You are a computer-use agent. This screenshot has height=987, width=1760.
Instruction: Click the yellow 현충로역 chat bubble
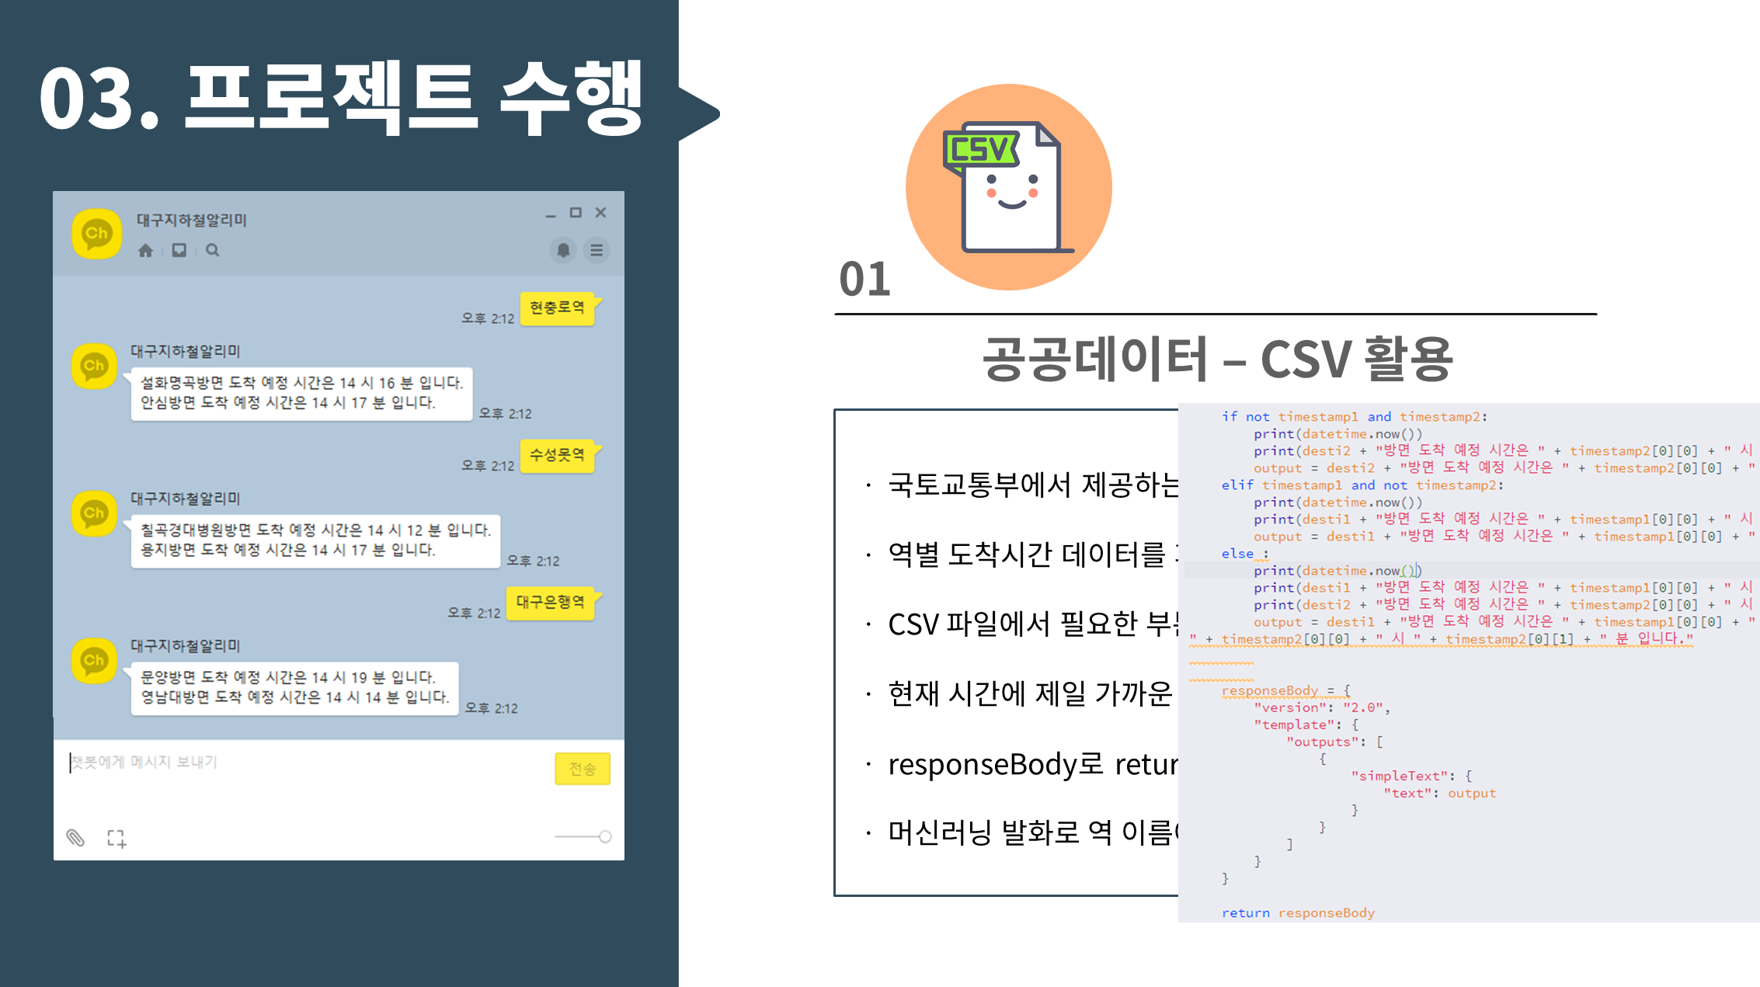coord(557,308)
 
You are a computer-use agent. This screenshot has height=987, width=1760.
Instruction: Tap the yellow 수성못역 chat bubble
coord(557,455)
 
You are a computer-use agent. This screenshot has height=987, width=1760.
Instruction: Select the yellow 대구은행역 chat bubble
coord(550,603)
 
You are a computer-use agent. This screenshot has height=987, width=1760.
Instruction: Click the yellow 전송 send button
coord(583,769)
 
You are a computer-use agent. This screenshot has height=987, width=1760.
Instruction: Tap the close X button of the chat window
coord(600,213)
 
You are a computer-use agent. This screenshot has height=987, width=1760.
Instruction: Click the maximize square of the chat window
coord(576,213)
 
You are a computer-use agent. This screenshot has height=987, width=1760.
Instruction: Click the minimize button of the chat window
coord(551,214)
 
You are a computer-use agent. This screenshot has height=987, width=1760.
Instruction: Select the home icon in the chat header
coord(145,250)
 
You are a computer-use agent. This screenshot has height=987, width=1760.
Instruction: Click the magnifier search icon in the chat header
coord(212,250)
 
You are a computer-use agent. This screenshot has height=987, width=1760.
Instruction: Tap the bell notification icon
coord(563,250)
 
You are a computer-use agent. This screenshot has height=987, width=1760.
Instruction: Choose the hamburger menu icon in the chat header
coord(597,250)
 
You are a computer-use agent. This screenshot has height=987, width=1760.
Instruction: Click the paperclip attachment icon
coord(75,837)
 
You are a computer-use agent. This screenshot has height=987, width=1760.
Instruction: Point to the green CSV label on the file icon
coord(980,149)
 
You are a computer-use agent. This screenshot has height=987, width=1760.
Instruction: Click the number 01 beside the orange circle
coord(864,280)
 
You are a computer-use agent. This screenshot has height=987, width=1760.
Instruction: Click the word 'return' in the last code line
coord(1245,913)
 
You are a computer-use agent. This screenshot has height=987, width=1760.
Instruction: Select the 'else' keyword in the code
coord(1237,554)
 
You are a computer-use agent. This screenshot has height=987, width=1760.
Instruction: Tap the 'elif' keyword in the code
coord(1237,485)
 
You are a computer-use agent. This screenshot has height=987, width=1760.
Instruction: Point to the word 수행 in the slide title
coord(572,99)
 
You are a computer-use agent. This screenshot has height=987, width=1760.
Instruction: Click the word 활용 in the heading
coord(1407,360)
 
